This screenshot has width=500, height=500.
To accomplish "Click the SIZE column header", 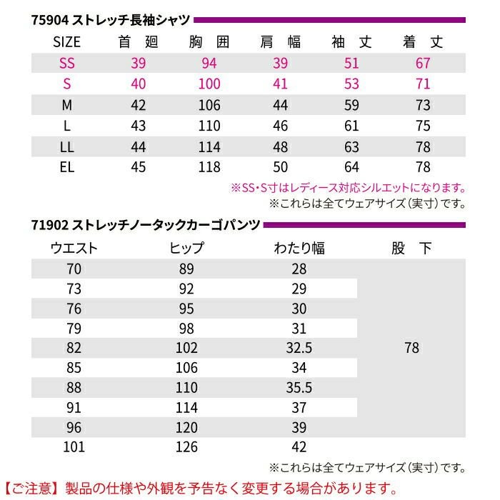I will coord(67,41).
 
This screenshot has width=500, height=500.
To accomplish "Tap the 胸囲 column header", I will coord(209,41).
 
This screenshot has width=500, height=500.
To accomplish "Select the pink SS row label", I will coord(67,63).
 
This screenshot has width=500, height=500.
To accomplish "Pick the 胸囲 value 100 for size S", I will coord(209,84).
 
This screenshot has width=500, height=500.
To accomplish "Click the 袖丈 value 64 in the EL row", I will coord(351,169).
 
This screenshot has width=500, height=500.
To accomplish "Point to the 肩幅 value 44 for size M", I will coord(280,106).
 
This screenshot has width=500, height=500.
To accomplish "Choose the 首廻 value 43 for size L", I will coord(139,126).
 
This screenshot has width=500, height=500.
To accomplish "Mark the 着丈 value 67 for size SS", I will coord(423,63).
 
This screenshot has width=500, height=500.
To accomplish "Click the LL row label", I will coord(67,148).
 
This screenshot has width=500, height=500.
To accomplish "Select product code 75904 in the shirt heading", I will coord(49,20).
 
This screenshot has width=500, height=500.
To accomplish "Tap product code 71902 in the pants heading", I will coord(49,225).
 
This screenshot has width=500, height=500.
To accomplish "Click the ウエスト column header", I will coord(74,249).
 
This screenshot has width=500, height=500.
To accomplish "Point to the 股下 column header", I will coord(411,249).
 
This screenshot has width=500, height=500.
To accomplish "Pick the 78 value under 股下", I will coord(411,348).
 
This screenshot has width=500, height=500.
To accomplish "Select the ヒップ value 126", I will coord(187,447).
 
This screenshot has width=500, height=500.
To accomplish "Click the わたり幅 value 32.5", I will coord(299,348).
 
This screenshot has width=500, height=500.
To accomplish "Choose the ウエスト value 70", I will coord(74,269).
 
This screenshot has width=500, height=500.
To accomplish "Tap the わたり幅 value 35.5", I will coord(299,388).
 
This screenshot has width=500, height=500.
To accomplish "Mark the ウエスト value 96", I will coord(74,427).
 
